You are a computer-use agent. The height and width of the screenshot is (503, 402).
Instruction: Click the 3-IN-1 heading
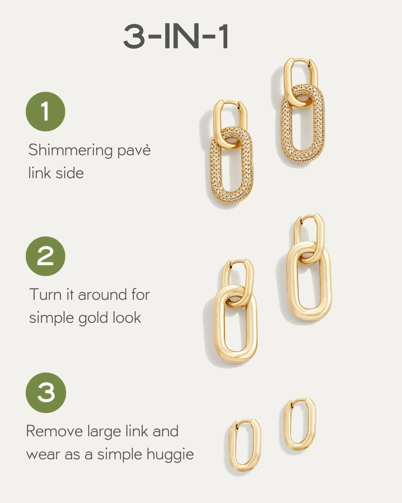click(x=176, y=37)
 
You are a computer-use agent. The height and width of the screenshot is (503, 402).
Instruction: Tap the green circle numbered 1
click(x=45, y=112)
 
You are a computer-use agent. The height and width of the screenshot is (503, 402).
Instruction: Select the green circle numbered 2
click(x=45, y=256)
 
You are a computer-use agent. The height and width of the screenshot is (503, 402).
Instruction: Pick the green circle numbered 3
click(x=46, y=393)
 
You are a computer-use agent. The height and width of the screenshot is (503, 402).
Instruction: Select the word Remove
click(x=54, y=431)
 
